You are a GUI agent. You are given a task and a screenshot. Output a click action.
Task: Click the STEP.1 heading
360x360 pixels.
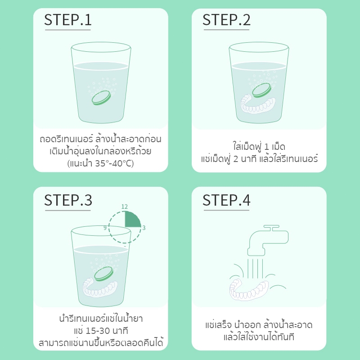[68, 20]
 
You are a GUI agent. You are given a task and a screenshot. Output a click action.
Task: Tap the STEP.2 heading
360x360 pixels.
[226, 20]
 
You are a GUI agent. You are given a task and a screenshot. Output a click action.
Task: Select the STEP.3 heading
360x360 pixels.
[68, 200]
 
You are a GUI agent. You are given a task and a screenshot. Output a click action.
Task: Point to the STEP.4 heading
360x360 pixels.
[226, 200]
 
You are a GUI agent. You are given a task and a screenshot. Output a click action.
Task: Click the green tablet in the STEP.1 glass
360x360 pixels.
[101, 98]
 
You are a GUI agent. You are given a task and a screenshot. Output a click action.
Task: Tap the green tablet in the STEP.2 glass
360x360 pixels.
[261, 90]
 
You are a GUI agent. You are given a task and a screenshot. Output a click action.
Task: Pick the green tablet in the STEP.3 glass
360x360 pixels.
[104, 274]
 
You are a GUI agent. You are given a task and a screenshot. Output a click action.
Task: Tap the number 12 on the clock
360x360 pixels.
[125, 207]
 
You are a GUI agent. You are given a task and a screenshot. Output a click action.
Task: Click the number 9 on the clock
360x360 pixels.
[105, 228]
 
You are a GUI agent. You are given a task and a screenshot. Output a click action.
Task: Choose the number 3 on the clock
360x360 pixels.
[144, 228]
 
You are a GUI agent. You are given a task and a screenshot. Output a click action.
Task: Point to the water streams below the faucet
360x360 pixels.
[255, 268]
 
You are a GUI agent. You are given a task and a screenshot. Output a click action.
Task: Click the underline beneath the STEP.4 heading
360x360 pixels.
[226, 210]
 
